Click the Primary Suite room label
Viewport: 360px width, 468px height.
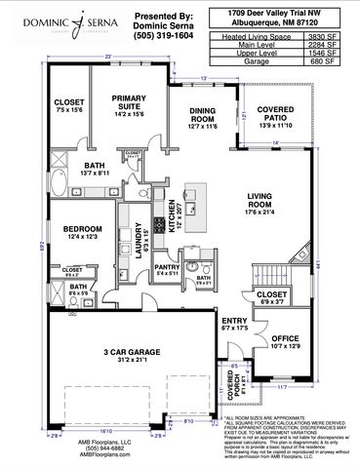(128, 105)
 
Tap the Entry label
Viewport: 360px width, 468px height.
(234, 323)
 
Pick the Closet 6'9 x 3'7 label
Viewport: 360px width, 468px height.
(273, 295)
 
